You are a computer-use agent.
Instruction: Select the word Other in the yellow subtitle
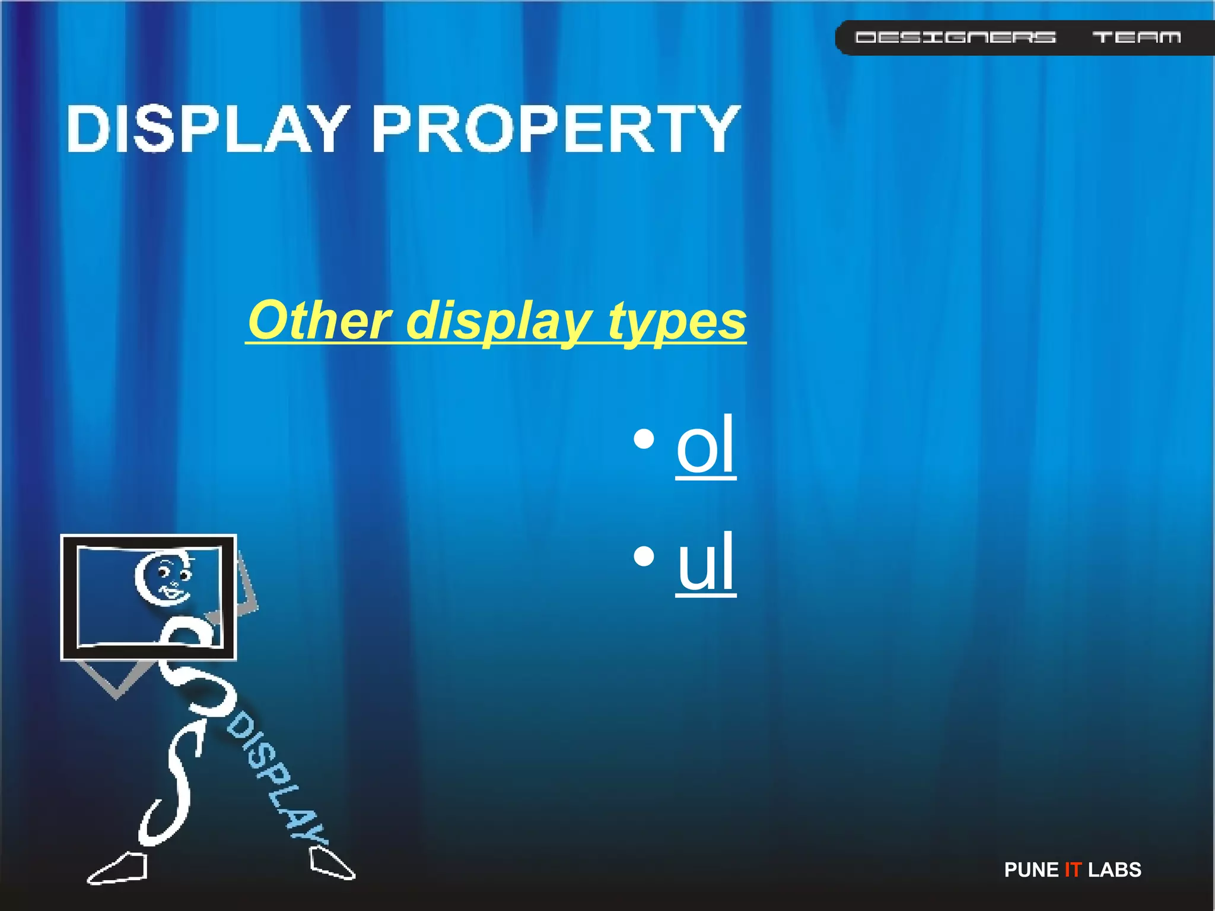point(320,320)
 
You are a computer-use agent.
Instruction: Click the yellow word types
point(677,320)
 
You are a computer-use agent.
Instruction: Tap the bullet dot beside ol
point(644,439)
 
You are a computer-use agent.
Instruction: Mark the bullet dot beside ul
point(644,556)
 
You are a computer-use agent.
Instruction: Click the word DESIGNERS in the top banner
point(955,37)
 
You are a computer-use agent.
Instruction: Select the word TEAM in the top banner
point(1136,37)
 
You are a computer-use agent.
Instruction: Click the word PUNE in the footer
point(1031,869)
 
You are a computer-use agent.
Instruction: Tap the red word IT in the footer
point(1073,869)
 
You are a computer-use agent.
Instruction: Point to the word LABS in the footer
point(1114,869)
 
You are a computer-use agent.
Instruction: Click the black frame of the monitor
point(69,597)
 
